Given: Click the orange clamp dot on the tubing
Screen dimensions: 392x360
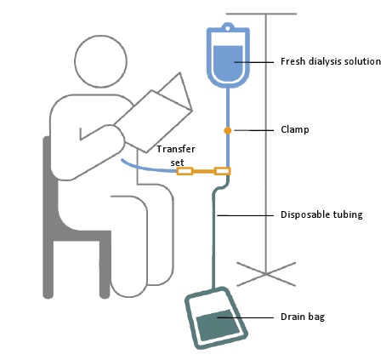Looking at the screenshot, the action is [228, 130].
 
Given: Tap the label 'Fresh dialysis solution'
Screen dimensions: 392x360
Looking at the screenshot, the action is [331, 61].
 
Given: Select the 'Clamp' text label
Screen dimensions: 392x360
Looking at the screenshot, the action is [295, 129].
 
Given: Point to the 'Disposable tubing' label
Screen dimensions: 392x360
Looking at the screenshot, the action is [321, 214].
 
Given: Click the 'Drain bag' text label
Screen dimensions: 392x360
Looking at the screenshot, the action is [303, 317].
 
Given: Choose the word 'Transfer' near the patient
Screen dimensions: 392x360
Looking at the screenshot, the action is [176, 149].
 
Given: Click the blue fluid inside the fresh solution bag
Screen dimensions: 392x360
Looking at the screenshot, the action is [228, 64].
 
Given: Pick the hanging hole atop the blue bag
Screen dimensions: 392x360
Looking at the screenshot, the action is [227, 28].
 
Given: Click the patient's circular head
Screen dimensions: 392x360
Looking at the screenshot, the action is [100, 61].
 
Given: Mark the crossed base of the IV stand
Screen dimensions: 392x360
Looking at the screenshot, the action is [266, 274].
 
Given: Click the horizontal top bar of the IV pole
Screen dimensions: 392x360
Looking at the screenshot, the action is [261, 14].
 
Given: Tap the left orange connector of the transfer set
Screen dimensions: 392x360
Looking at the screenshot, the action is [185, 171].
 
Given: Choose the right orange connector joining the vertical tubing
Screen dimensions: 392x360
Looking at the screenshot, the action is [222, 171].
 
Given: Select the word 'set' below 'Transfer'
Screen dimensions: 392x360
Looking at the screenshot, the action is [178, 163].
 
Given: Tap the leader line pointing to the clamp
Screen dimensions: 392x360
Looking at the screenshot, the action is [254, 130].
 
